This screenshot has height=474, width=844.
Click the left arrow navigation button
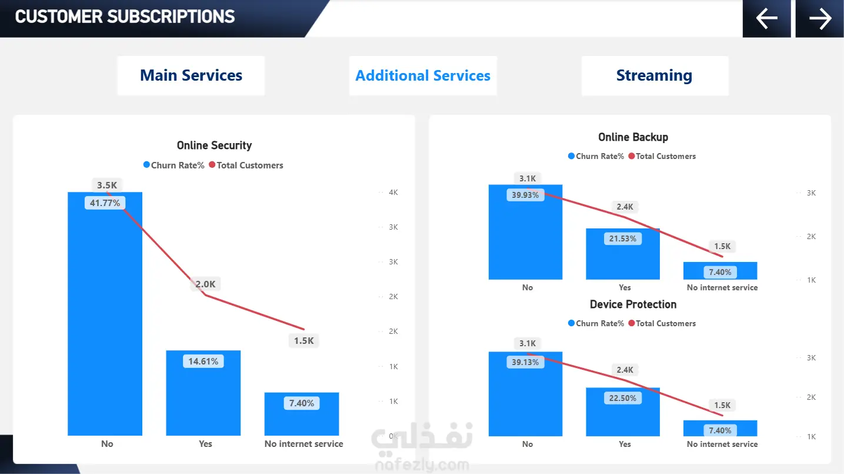tap(767, 18)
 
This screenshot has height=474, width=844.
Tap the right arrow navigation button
tap(820, 18)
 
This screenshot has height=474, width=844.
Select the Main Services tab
tap(191, 75)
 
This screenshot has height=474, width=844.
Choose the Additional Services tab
tap(423, 75)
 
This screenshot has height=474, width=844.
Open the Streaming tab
tap(654, 75)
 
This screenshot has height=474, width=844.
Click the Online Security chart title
tap(214, 145)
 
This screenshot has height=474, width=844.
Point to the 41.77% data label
tap(105, 203)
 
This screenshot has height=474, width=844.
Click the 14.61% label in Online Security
tap(203, 362)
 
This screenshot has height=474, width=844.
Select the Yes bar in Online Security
tap(203, 400)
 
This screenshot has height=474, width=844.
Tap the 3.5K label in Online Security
tap(107, 185)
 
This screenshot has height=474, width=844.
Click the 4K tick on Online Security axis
tap(393, 193)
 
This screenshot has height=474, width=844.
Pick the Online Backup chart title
tap(633, 137)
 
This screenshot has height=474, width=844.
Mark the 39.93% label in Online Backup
tap(525, 195)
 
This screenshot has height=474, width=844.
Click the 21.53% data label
tap(623, 238)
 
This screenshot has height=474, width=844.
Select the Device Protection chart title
tap(633, 304)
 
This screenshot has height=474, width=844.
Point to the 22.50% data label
tap(623, 398)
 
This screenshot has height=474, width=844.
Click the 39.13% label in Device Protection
tap(525, 362)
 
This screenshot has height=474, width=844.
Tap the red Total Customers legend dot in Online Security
tap(212, 165)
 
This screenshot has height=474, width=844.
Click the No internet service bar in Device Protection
tap(720, 428)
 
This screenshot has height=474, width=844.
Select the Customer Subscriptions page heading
tap(125, 16)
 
